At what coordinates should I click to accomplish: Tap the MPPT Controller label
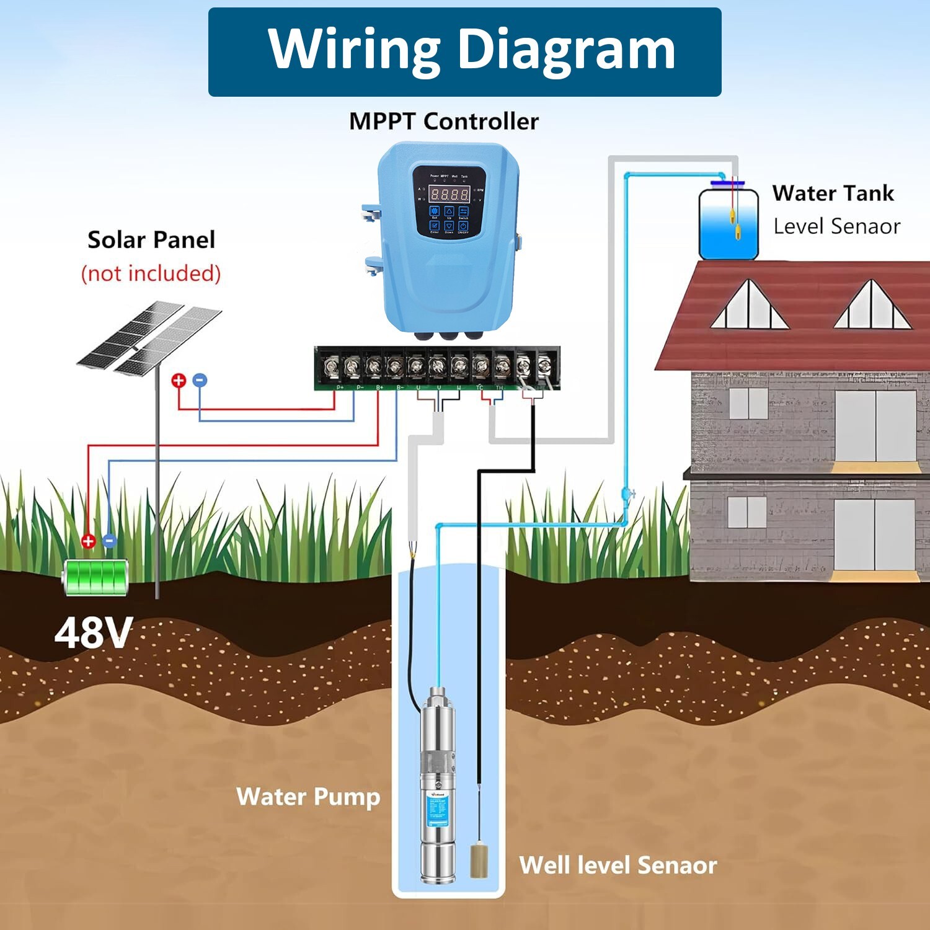click(x=444, y=122)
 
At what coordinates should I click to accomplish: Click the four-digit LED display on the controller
click(x=449, y=194)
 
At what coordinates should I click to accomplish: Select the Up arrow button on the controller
click(x=449, y=212)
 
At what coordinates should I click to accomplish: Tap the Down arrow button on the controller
click(x=449, y=226)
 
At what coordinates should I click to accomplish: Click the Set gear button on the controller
click(x=435, y=211)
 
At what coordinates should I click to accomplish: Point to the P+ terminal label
click(x=340, y=387)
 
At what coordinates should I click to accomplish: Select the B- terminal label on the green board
click(x=400, y=387)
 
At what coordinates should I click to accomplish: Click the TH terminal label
click(x=500, y=387)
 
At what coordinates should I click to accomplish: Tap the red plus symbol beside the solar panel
click(x=179, y=380)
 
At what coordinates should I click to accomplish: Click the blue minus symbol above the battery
click(x=110, y=540)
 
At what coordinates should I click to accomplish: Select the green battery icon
click(x=96, y=577)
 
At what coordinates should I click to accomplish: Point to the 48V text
click(x=93, y=633)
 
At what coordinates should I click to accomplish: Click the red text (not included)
click(x=151, y=273)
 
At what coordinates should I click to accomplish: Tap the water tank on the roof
click(x=728, y=224)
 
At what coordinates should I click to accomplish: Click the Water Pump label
click(x=308, y=797)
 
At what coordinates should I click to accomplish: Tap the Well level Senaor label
click(x=618, y=865)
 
